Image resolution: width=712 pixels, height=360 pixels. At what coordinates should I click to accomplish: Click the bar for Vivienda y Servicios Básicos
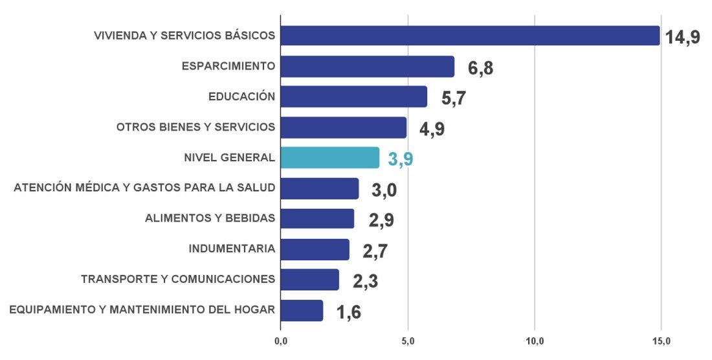point(470,36)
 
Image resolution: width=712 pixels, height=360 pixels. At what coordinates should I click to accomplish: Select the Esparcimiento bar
point(367,67)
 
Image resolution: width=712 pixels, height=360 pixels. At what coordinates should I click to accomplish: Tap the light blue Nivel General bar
point(329,157)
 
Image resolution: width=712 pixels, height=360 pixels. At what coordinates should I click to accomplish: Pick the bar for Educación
point(353,97)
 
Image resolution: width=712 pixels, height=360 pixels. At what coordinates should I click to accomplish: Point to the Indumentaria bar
point(315,249)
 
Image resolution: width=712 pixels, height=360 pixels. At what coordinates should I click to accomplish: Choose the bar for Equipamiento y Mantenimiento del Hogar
point(302,310)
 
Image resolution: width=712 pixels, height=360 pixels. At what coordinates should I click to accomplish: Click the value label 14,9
point(682,37)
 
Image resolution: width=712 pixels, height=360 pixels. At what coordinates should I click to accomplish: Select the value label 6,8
point(480,68)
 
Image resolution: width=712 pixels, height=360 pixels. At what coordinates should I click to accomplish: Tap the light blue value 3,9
point(401,159)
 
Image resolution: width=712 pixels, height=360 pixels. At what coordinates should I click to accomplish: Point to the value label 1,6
point(349,312)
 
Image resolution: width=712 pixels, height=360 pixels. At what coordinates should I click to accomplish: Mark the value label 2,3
point(365,282)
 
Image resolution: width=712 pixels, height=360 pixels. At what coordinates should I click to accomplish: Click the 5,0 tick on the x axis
point(408,341)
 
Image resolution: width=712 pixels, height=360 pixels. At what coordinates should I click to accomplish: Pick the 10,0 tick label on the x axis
point(535,341)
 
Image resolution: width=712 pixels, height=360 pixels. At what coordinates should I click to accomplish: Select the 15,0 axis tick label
point(661,341)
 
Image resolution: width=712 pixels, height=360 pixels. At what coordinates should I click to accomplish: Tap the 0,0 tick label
point(280,341)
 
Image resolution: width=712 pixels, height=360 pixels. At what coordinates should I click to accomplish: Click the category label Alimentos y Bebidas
point(210,218)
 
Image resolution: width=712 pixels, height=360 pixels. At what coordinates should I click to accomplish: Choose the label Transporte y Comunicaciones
point(178,279)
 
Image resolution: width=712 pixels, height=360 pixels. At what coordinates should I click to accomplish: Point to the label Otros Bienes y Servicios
point(195,127)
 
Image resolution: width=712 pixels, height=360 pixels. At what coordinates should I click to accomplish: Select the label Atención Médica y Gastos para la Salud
point(144,188)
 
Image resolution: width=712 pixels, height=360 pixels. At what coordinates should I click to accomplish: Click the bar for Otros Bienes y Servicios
point(343,128)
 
